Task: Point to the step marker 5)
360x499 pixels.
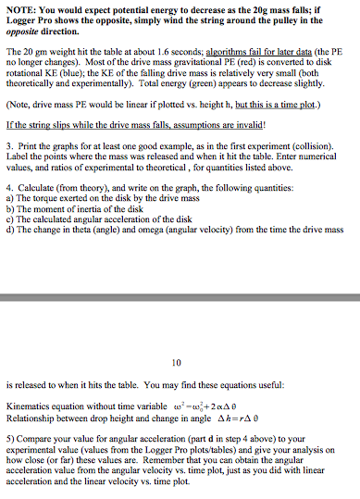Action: coord(9,430)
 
